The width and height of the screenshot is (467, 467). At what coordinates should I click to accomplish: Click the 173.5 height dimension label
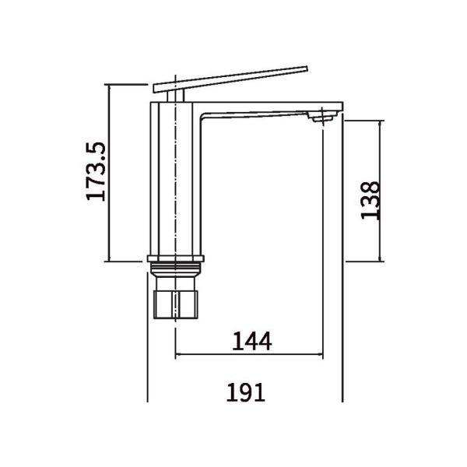click(x=96, y=171)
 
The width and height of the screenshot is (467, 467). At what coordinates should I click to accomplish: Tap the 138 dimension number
click(x=370, y=200)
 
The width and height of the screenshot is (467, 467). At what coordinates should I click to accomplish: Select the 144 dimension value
click(x=252, y=342)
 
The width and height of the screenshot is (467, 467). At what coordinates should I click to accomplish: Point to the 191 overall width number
click(x=246, y=392)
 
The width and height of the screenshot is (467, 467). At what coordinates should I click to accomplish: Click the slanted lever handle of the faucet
click(x=230, y=79)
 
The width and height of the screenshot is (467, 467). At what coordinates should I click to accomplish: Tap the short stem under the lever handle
click(x=176, y=97)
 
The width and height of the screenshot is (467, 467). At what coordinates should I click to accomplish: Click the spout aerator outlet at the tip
click(x=323, y=116)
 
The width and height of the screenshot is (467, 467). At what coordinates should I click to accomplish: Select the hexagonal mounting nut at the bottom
click(x=175, y=304)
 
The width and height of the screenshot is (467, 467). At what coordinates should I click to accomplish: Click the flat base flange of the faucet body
click(x=176, y=258)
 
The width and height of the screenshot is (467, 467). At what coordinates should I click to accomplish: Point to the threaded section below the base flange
click(x=176, y=269)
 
